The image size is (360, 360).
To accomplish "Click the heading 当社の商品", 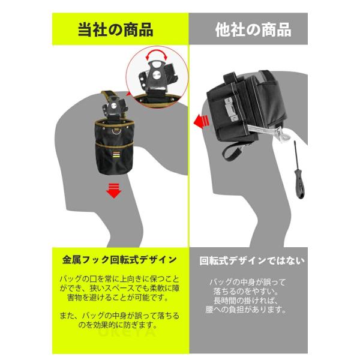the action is pos(115,29).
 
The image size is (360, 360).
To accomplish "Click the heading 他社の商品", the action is pos(253,30).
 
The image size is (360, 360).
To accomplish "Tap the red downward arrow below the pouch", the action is pos(113,191).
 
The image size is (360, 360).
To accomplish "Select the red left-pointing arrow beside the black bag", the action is pos(201,122).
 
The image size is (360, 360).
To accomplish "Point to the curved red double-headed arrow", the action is pos(157,51).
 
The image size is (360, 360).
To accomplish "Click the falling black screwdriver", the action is pos(299,170).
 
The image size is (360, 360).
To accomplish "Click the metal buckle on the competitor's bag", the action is pos(231,109).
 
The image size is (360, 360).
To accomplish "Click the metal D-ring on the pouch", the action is pos(117,131).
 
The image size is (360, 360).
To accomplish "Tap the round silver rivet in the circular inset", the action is pos(157,74).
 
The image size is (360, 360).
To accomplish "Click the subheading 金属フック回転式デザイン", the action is pos(119,260).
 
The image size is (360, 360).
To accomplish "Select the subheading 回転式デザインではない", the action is pos(252,260).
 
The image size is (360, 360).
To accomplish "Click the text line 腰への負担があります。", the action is pos(246,310).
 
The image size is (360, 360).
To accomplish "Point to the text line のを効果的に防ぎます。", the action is pos(118,325).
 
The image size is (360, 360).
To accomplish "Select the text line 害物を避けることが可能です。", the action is pos(118,298).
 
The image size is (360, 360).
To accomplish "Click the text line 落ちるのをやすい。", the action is pos(246,292).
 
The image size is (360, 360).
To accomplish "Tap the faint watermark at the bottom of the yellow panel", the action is pos(127,332).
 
